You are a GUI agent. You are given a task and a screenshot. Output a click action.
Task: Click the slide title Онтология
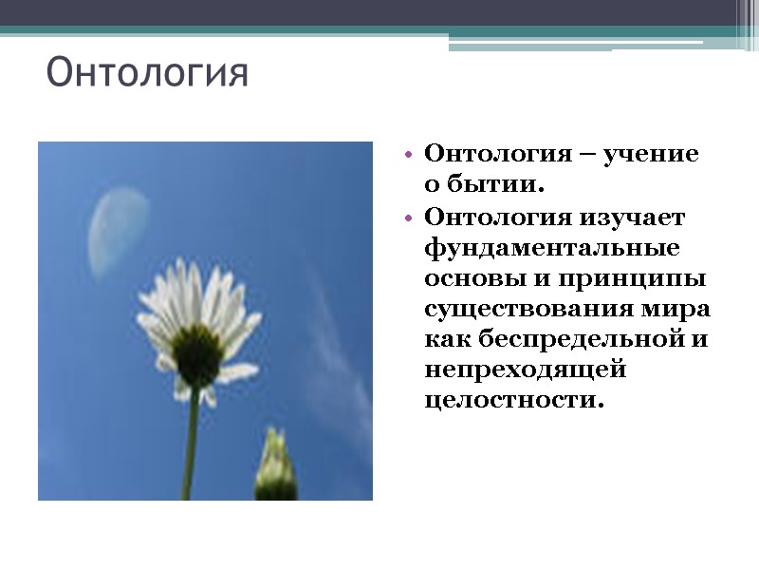[x=147, y=73]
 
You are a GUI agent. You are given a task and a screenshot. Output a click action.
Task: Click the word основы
[x=469, y=279]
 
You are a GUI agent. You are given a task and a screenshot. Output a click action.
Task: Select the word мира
[x=682, y=310]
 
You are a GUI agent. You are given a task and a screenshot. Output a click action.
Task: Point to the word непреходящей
[x=526, y=370]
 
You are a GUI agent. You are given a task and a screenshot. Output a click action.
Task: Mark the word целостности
[x=513, y=401]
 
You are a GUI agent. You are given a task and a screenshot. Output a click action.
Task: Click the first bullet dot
[x=408, y=154]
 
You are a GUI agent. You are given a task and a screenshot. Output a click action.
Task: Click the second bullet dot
[x=408, y=218]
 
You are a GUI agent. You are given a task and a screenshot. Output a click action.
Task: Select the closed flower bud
[x=274, y=465]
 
